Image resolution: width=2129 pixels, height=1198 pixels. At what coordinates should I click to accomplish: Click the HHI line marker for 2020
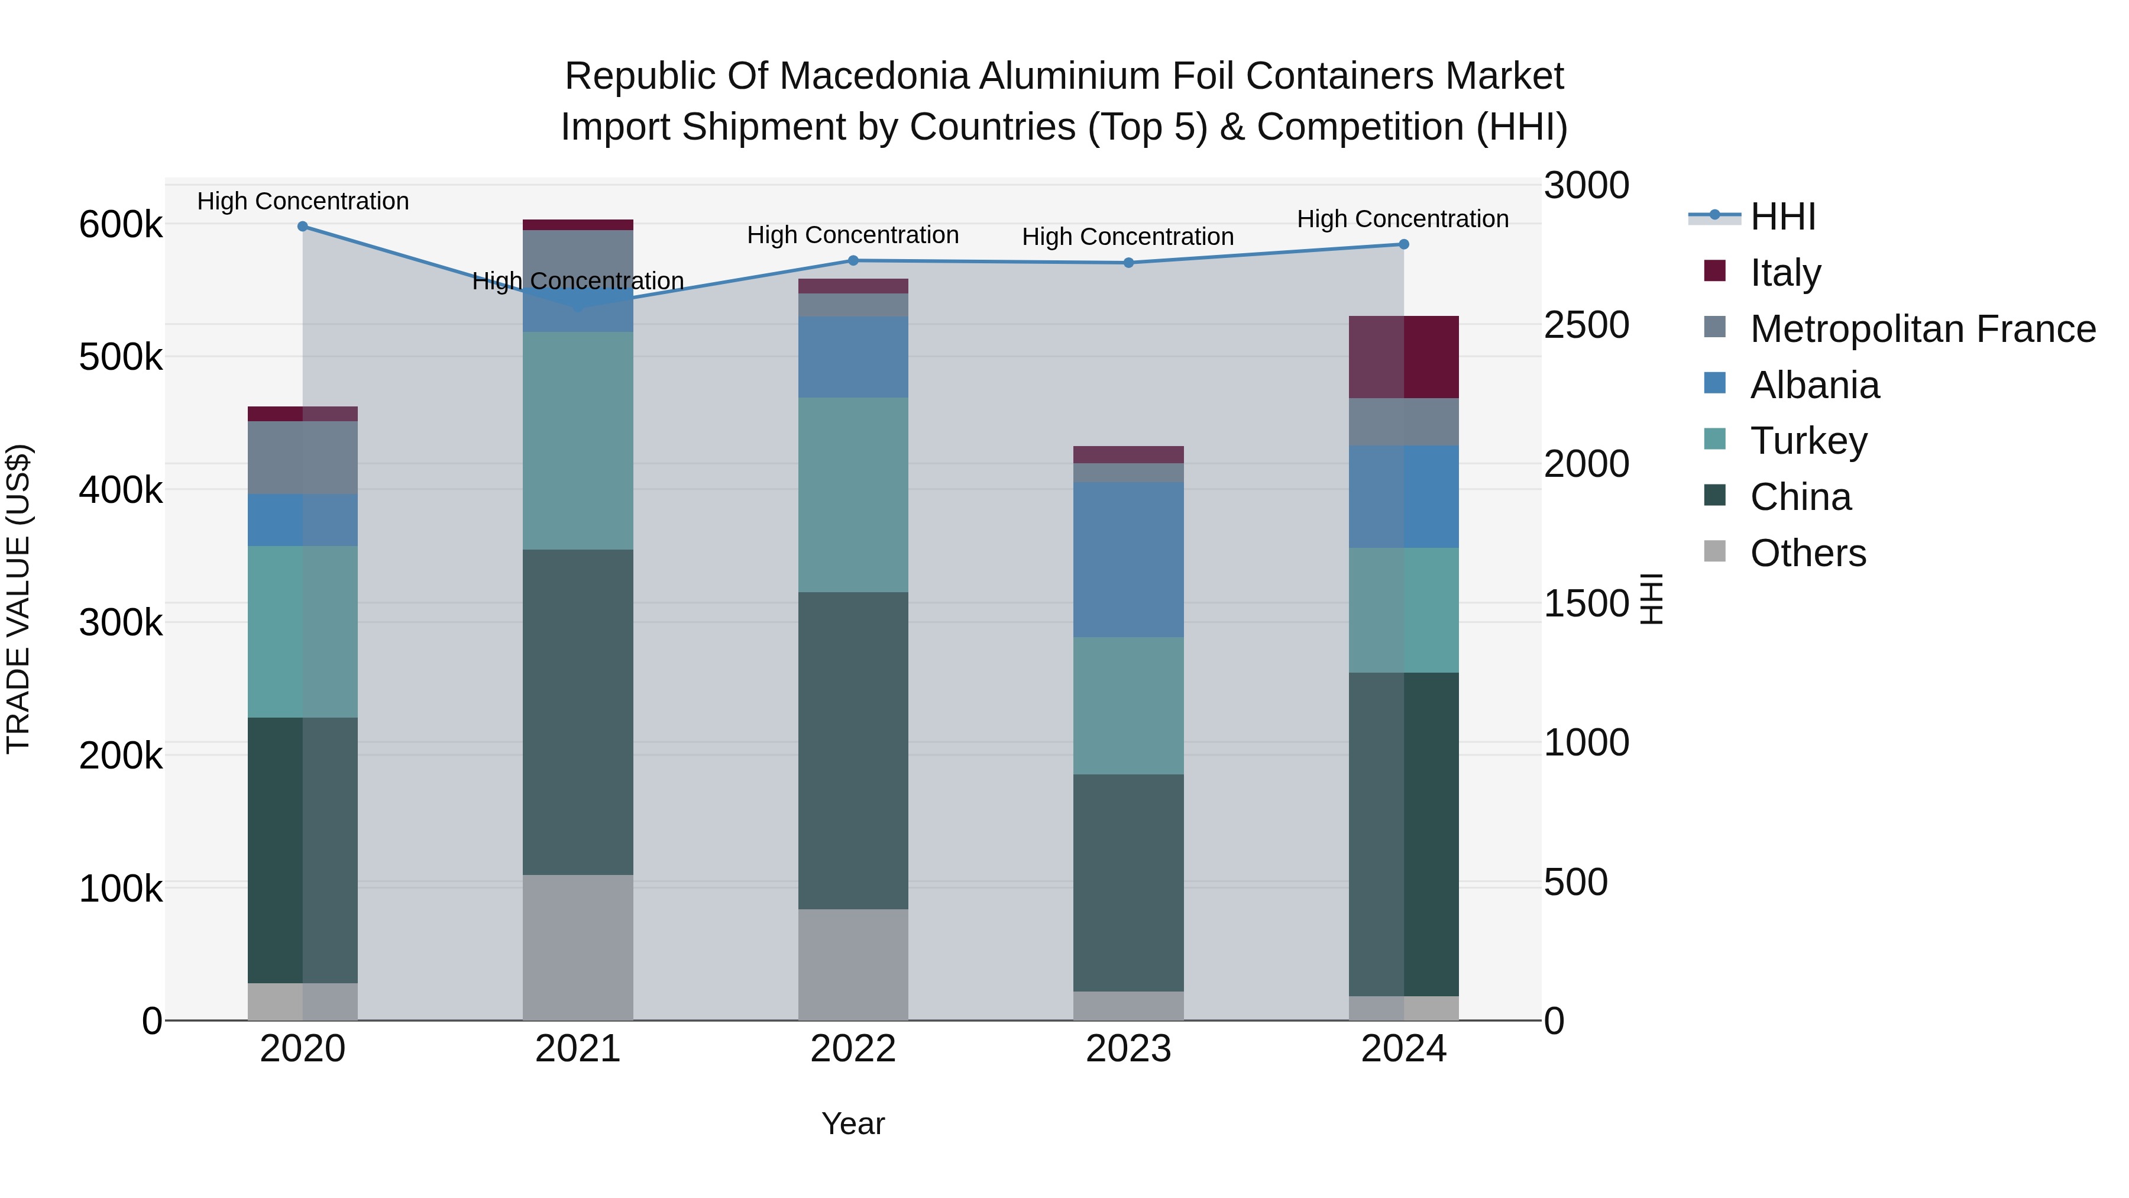tap(302, 227)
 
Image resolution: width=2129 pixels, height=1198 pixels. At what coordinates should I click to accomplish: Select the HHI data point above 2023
tap(1128, 263)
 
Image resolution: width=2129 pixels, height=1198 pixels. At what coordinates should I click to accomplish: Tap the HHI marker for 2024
tap(1403, 245)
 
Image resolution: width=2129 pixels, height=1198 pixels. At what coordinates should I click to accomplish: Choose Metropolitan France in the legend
tap(1923, 329)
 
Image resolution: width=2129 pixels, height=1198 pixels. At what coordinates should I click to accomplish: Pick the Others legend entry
tap(1807, 553)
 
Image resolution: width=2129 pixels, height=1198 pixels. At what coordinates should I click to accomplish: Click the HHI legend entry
tap(1782, 217)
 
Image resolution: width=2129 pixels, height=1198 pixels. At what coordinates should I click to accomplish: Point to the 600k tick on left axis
tap(121, 224)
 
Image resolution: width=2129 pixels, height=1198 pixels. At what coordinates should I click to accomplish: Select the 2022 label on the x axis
tap(853, 1049)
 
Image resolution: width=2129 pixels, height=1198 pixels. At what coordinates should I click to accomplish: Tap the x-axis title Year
tap(853, 1123)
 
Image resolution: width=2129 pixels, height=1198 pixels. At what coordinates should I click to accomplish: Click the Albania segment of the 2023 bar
tap(1128, 560)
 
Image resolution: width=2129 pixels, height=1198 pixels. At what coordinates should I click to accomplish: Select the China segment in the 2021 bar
tap(578, 712)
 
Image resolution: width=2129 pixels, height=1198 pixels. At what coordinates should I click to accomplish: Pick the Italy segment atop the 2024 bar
tap(1403, 357)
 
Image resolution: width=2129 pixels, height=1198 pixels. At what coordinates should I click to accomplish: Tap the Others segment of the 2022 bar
tap(853, 964)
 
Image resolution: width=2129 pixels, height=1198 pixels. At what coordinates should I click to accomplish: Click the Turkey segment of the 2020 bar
tap(302, 632)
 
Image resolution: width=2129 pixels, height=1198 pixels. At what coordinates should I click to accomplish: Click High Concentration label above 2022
tap(853, 235)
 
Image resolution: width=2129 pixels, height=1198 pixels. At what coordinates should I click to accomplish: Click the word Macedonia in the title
tap(876, 77)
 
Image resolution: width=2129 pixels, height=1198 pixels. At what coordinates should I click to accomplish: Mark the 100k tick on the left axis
tap(121, 889)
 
